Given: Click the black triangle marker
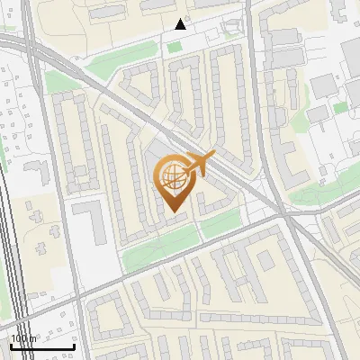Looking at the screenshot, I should click(x=181, y=24).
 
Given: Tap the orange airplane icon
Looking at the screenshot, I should click(x=199, y=165).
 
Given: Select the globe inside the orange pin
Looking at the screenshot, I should click(x=174, y=177).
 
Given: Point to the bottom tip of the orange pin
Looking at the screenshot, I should click(x=174, y=213).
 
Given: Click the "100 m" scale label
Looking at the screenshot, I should click(x=24, y=338).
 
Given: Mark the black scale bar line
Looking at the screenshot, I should click(x=42, y=346).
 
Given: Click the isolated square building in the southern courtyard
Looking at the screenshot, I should click(x=265, y=261).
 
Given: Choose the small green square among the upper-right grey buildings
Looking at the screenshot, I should click(x=340, y=108).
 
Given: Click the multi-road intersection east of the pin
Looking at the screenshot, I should click(x=283, y=215).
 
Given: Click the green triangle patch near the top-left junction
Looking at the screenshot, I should click(x=59, y=82).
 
